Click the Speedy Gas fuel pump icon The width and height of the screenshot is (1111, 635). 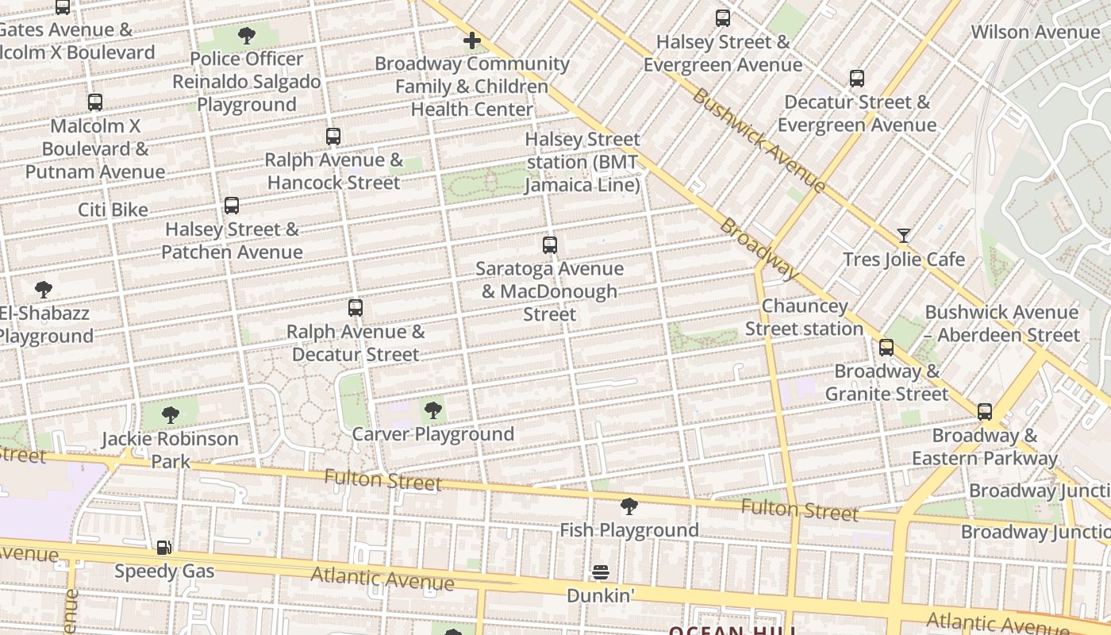pos(163,547)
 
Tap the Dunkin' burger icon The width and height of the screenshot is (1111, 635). pos(601,571)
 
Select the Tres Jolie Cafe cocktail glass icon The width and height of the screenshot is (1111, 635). pos(903,235)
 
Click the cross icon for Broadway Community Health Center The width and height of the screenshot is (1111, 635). pos(472,40)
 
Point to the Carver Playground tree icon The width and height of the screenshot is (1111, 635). pos(432,410)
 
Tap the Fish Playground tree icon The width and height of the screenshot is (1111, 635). pos(629,506)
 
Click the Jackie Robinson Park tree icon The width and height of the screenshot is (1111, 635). pos(170,414)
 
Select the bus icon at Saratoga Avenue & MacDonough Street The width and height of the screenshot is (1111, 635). pos(549,244)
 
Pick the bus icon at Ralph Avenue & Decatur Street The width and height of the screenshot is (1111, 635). pos(356,307)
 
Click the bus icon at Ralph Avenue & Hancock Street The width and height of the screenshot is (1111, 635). pos(333,136)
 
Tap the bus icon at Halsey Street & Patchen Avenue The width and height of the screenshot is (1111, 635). pos(232,206)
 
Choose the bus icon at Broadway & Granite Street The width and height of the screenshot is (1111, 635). pos(886,347)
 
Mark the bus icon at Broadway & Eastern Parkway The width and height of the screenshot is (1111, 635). pos(985,411)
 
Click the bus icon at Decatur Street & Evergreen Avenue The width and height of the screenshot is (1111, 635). pos(857,78)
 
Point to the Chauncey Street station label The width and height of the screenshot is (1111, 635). pos(804,317)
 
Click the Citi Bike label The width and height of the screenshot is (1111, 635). pos(113,210)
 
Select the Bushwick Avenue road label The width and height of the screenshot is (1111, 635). pos(759,140)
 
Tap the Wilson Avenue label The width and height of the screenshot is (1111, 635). pos(1036,32)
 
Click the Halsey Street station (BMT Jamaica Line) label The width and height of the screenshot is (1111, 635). pos(582,162)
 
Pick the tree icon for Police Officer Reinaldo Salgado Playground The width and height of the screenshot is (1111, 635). pos(247,35)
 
